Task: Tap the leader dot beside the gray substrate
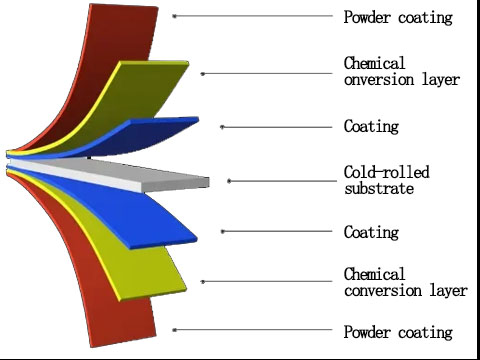[x=229, y=180]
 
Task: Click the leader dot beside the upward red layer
[x=174, y=16]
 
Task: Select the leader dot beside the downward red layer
[x=174, y=329]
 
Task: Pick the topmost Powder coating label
[x=398, y=17]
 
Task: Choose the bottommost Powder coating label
[x=398, y=331]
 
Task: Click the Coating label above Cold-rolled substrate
[x=371, y=126]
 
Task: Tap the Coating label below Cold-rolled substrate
[x=371, y=232]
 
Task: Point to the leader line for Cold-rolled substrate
[x=280, y=180]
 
